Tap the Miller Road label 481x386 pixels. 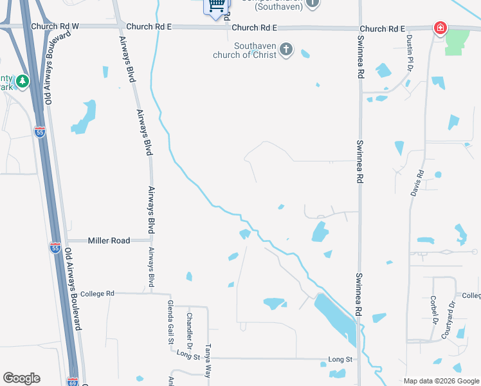(109, 241)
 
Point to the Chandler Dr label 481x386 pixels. (189, 327)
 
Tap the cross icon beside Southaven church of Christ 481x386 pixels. (287, 49)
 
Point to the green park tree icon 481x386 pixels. (23, 81)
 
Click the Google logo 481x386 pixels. (21, 378)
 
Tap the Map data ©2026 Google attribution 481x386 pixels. (442, 381)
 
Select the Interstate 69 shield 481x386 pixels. (72, 382)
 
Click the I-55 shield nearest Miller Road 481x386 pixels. (55, 246)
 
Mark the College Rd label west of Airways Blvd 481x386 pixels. (97, 294)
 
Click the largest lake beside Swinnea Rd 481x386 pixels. (336, 318)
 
